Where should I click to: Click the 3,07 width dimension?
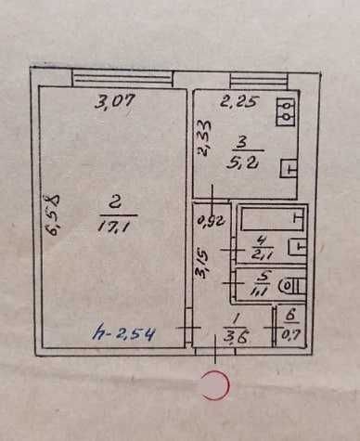(x=115, y=102)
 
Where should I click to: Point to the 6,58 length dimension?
(x=53, y=214)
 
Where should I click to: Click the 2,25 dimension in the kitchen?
(x=238, y=102)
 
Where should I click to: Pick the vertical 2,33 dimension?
(x=205, y=137)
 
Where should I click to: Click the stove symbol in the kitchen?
(x=287, y=111)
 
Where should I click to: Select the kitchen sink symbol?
(x=289, y=169)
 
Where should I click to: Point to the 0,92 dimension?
(x=212, y=221)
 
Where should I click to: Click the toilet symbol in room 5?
(x=291, y=285)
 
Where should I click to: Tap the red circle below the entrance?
(x=215, y=384)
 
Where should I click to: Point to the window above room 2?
(x=122, y=79)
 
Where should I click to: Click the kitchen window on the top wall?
(x=260, y=81)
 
